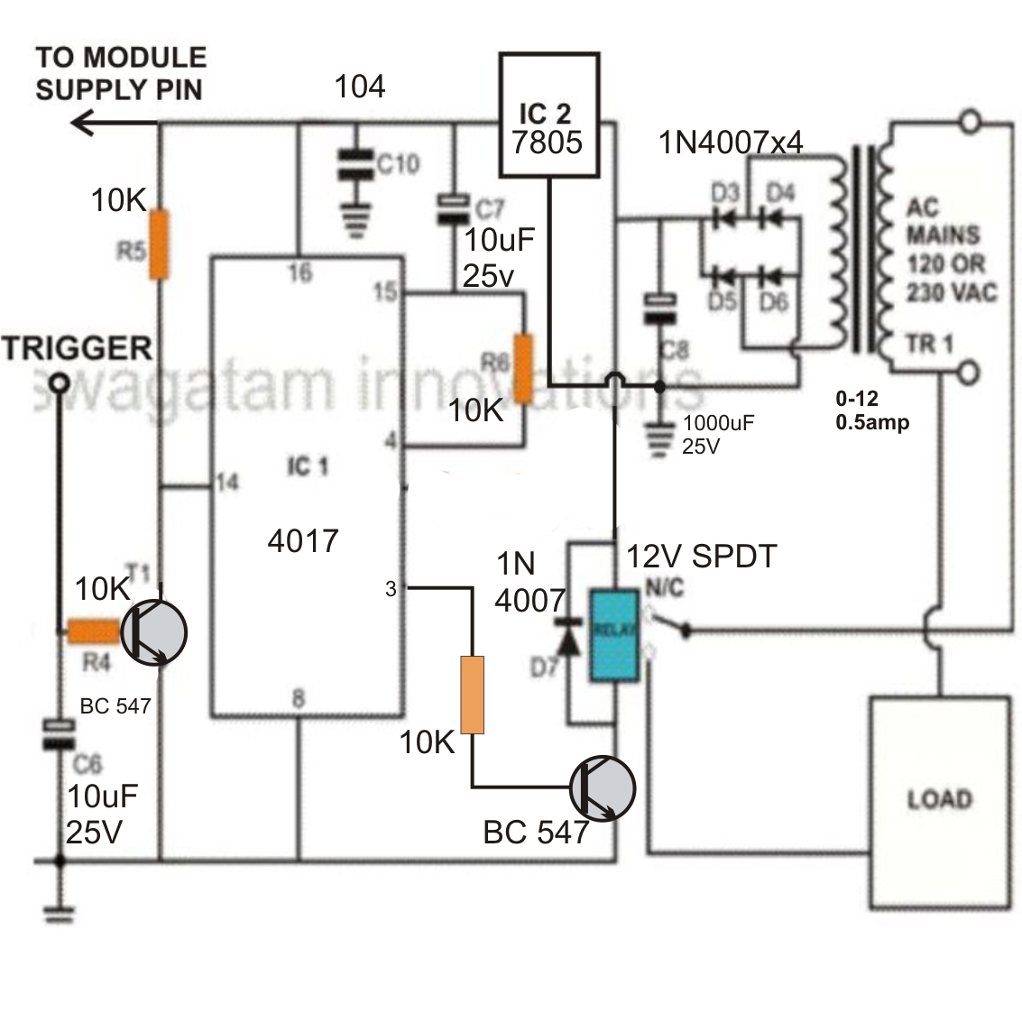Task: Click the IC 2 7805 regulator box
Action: point(549,115)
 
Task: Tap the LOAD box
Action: point(939,801)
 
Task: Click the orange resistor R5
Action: point(159,244)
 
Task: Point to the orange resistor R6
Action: point(523,368)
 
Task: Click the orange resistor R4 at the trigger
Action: point(93,631)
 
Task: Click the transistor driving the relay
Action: point(603,788)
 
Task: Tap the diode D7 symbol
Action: point(568,638)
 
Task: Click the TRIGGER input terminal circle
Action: point(60,382)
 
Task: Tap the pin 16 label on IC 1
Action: point(299,272)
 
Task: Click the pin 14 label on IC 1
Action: point(226,483)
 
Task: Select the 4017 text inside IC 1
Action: point(303,541)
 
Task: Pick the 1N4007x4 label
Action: point(731,142)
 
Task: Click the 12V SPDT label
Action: point(702,557)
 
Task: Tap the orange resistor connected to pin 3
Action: point(472,695)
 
